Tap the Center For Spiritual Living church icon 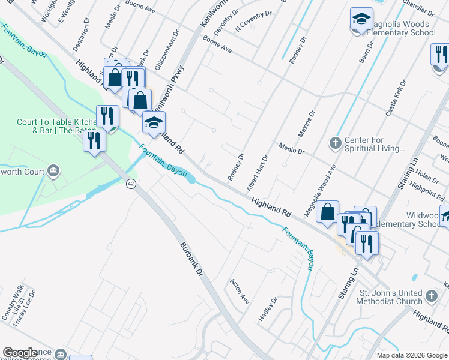point(336,143)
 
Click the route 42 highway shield point(130,184)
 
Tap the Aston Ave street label point(240,290)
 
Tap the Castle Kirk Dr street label point(396,98)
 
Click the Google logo point(20,353)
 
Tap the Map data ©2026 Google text point(411,355)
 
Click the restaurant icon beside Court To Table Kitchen point(107,116)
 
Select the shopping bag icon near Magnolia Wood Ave point(328,212)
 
